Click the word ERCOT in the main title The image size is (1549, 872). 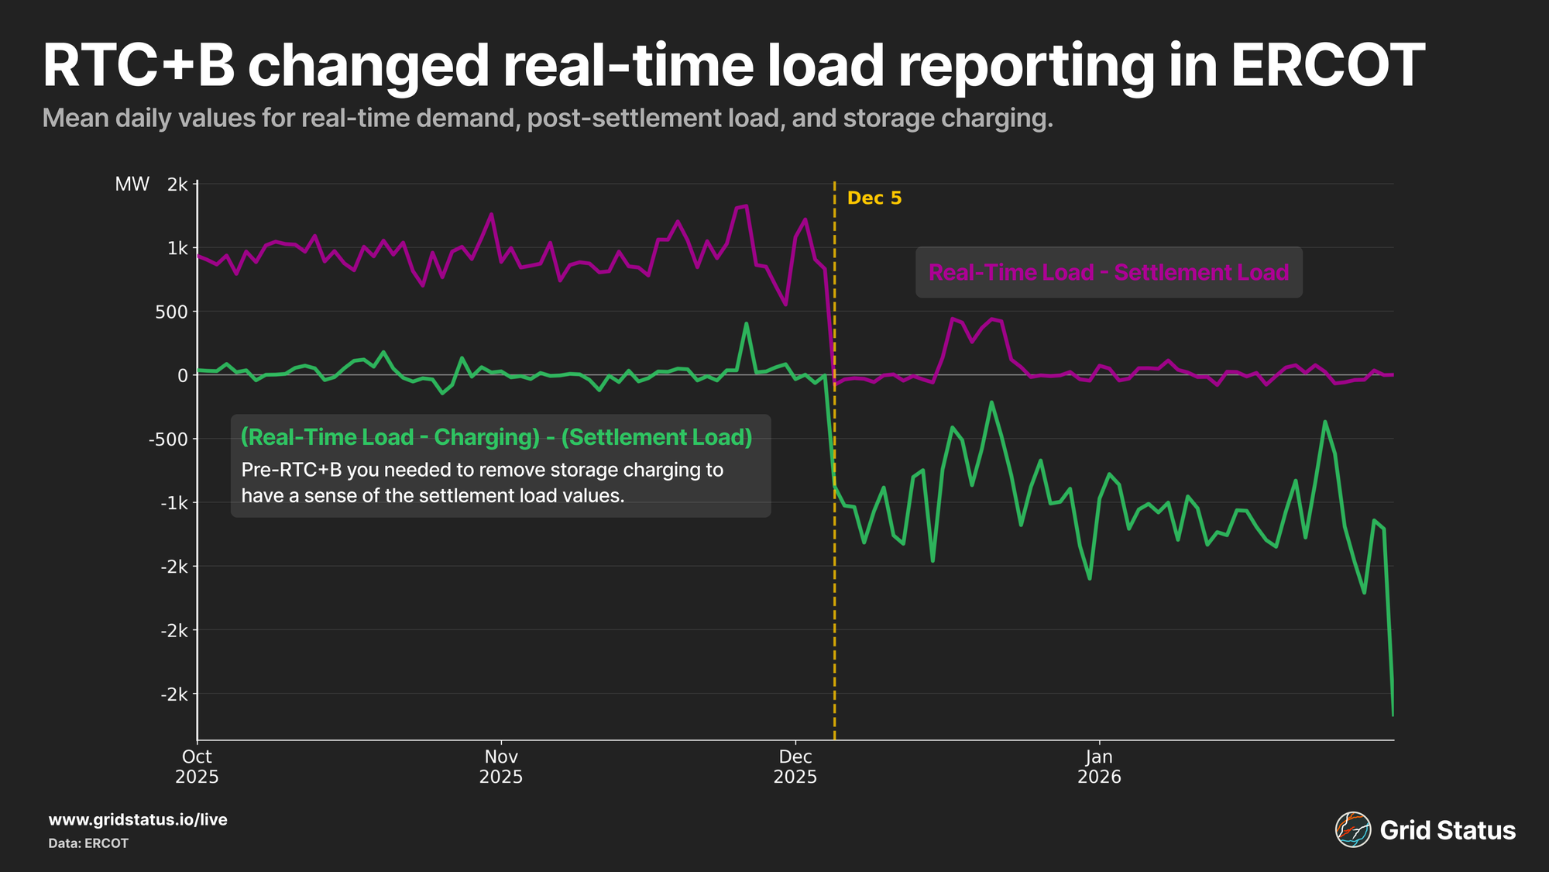(1327, 66)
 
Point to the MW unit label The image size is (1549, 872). (132, 184)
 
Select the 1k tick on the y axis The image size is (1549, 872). (177, 248)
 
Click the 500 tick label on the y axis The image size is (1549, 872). (172, 312)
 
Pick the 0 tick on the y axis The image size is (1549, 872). (183, 375)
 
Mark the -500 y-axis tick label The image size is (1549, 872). (169, 439)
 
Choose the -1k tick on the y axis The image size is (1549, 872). (173, 503)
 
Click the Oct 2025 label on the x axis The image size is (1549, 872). (197, 767)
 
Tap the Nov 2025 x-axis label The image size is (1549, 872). (501, 767)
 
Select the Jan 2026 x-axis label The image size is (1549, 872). (1099, 767)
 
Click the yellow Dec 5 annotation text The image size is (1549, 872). (874, 198)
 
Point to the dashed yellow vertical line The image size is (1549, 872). (834, 543)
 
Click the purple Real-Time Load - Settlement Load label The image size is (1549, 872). (1108, 273)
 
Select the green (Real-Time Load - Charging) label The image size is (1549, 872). (496, 437)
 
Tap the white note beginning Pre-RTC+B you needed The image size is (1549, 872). (482, 482)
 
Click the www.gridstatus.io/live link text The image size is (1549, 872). (138, 820)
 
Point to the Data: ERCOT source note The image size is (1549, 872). (88, 843)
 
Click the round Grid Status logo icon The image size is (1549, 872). (1352, 830)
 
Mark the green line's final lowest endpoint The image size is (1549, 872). (1393, 715)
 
